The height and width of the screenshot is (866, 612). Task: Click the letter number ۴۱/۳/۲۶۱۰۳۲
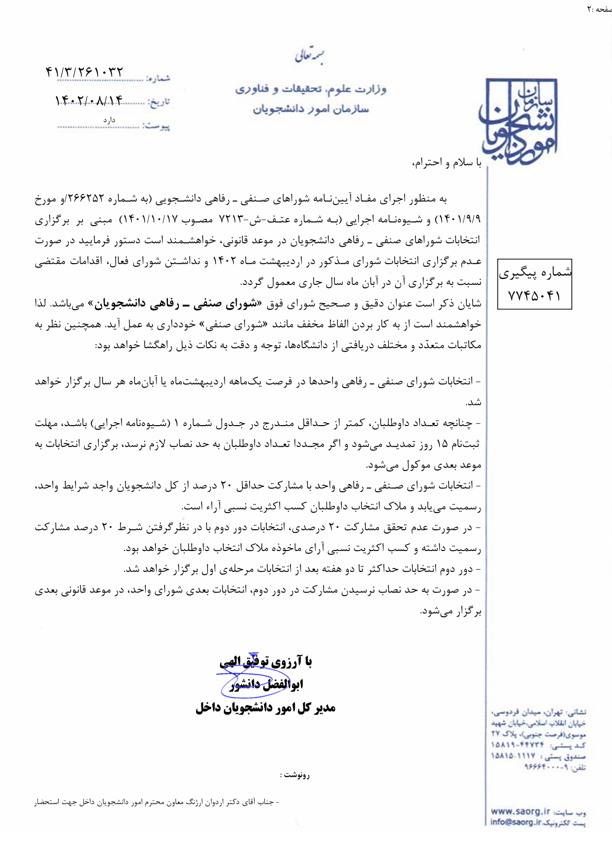(x=84, y=73)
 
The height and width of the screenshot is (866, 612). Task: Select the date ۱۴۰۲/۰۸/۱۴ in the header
(x=89, y=101)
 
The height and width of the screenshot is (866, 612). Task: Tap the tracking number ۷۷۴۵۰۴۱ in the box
(x=534, y=296)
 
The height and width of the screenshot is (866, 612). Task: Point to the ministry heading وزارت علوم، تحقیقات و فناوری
(x=311, y=89)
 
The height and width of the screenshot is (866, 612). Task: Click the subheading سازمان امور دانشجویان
(x=311, y=109)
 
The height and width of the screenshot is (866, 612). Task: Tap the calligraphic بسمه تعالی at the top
(x=309, y=56)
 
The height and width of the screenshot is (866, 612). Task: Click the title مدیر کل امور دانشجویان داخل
(x=266, y=708)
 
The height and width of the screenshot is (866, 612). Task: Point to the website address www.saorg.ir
(x=520, y=812)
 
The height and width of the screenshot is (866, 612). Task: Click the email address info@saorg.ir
(x=516, y=823)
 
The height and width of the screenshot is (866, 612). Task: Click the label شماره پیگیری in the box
(x=535, y=273)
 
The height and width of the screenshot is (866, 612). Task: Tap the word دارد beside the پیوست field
(x=109, y=120)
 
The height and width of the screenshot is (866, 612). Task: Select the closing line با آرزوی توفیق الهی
(x=266, y=662)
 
